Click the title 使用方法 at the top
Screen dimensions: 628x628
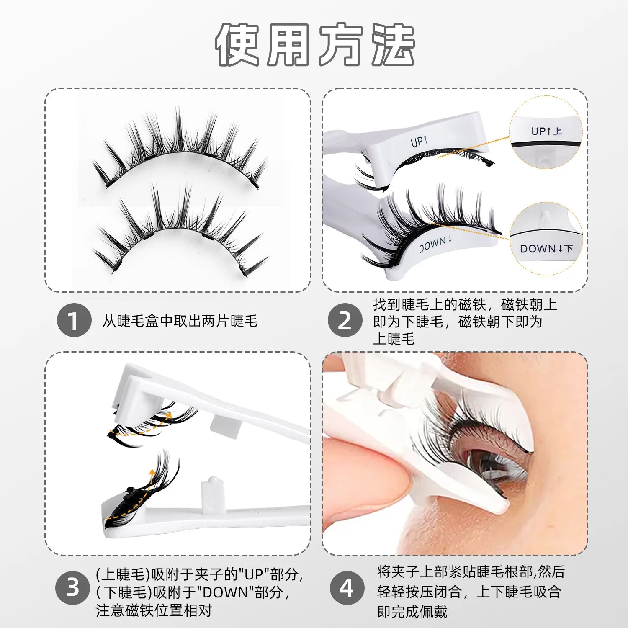315,45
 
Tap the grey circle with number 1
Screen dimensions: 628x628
74,321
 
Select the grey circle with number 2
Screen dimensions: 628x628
345,321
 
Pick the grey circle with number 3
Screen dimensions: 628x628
73,587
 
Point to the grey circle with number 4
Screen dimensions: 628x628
347,588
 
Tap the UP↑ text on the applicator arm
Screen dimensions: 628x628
419,142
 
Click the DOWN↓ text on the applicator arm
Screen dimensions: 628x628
435,244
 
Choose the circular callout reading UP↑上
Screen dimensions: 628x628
546,132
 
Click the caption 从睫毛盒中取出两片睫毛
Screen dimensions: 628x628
180,321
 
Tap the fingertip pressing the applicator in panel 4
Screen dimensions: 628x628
360,481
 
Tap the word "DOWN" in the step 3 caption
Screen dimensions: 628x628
225,592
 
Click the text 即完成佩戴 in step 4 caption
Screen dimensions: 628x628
412,612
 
